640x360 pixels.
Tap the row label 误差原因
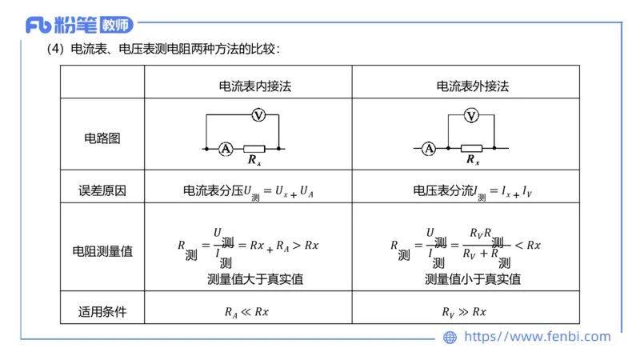[102, 190]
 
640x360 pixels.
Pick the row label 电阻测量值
[102, 250]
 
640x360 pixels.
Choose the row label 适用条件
[102, 311]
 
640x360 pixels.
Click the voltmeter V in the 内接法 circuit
[258, 116]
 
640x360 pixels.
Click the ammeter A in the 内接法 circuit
[226, 148]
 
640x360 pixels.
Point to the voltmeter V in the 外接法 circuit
[471, 116]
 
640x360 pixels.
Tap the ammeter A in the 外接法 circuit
[429, 148]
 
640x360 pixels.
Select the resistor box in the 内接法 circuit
[254, 148]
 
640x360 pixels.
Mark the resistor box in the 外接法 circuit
[471, 148]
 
